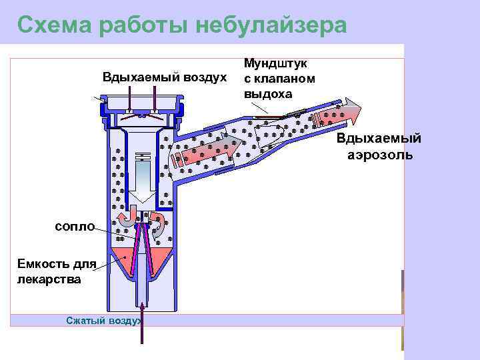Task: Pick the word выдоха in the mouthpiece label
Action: pyautogui.click(x=267, y=93)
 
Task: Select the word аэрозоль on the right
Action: pyautogui.click(x=380, y=155)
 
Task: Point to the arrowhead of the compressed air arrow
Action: pyautogui.click(x=141, y=307)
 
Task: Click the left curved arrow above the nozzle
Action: pyautogui.click(x=125, y=220)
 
